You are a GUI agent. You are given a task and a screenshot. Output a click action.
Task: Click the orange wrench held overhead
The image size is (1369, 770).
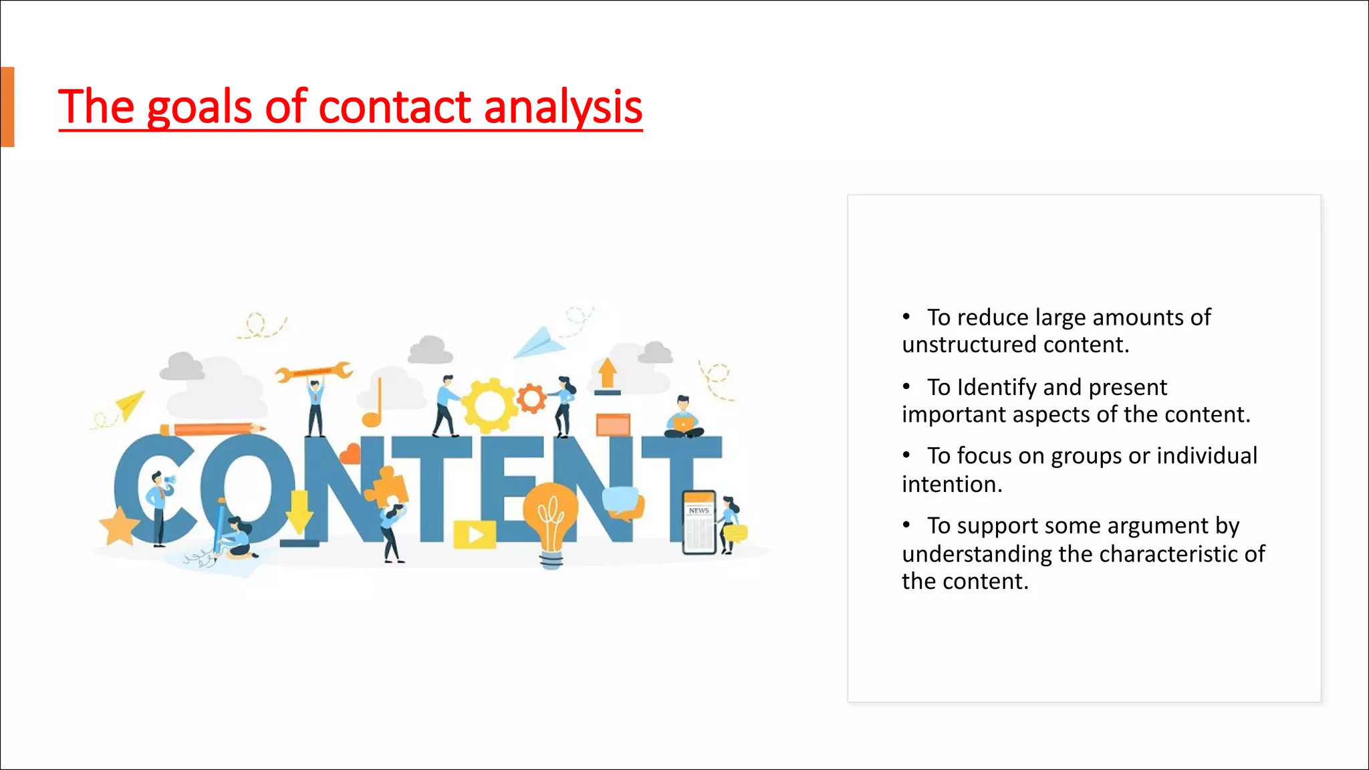pyautogui.click(x=314, y=372)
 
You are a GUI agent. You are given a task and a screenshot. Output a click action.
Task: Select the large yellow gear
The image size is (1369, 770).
pyautogui.click(x=490, y=405)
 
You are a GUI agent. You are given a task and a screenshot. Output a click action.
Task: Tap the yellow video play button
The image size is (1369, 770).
pyautogui.click(x=475, y=535)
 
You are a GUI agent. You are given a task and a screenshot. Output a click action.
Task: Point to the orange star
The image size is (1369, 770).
pyautogui.click(x=119, y=526)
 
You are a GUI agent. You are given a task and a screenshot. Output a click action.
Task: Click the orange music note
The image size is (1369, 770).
pyautogui.click(x=373, y=404)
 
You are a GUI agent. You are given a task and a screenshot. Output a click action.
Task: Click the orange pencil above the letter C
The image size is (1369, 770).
pyautogui.click(x=211, y=428)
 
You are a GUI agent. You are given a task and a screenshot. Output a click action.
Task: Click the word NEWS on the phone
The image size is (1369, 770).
pyautogui.click(x=699, y=511)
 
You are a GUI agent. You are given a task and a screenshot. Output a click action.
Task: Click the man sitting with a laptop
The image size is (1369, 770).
pyautogui.click(x=683, y=418)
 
